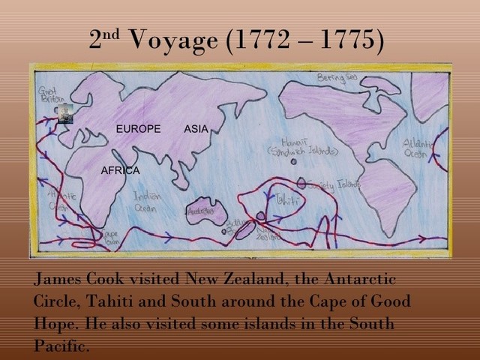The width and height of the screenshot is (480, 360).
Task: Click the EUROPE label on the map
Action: pos(138,129)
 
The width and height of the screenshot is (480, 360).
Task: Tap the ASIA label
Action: pos(196,129)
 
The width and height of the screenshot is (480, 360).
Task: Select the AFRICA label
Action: pos(120,171)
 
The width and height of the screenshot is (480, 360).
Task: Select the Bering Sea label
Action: pos(334,77)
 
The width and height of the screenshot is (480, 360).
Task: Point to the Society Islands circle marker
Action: pos(301,182)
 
